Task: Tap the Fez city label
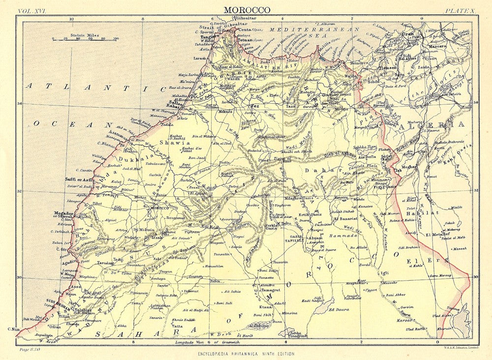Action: pos(255,106)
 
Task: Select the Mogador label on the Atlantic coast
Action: pos(63,213)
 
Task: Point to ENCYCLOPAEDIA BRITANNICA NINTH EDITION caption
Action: pos(246,354)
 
